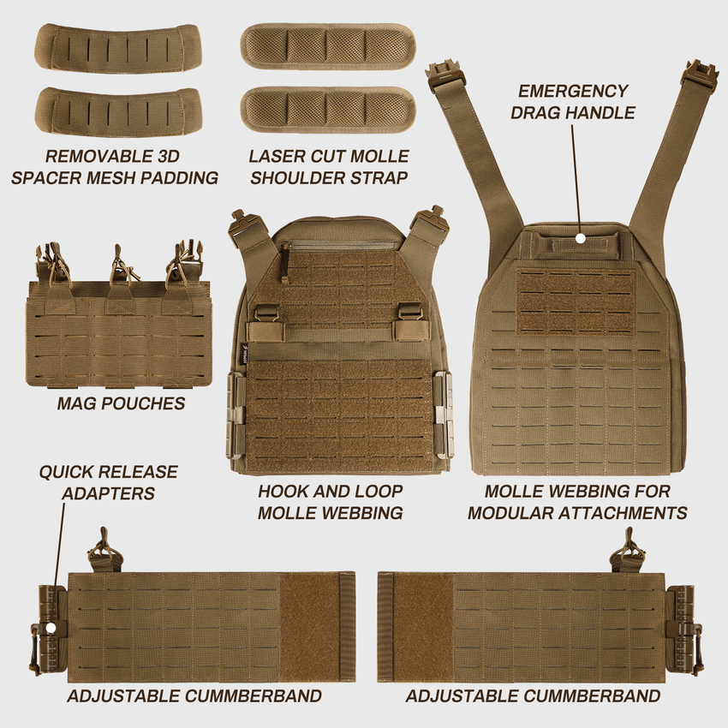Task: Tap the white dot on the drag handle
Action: click(x=581, y=238)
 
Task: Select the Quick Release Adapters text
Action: click(x=108, y=482)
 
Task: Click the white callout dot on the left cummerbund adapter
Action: click(x=51, y=628)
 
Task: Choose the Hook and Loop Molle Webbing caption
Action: click(x=330, y=502)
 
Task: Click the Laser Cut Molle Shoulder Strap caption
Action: click(x=329, y=167)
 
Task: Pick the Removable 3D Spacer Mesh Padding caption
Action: click(x=120, y=167)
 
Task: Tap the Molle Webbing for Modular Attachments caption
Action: click(x=576, y=502)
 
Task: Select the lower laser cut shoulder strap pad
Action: click(x=327, y=110)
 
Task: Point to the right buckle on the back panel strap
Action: click(x=699, y=75)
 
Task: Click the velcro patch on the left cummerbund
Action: click(x=315, y=627)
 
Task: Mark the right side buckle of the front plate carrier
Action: click(x=443, y=415)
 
